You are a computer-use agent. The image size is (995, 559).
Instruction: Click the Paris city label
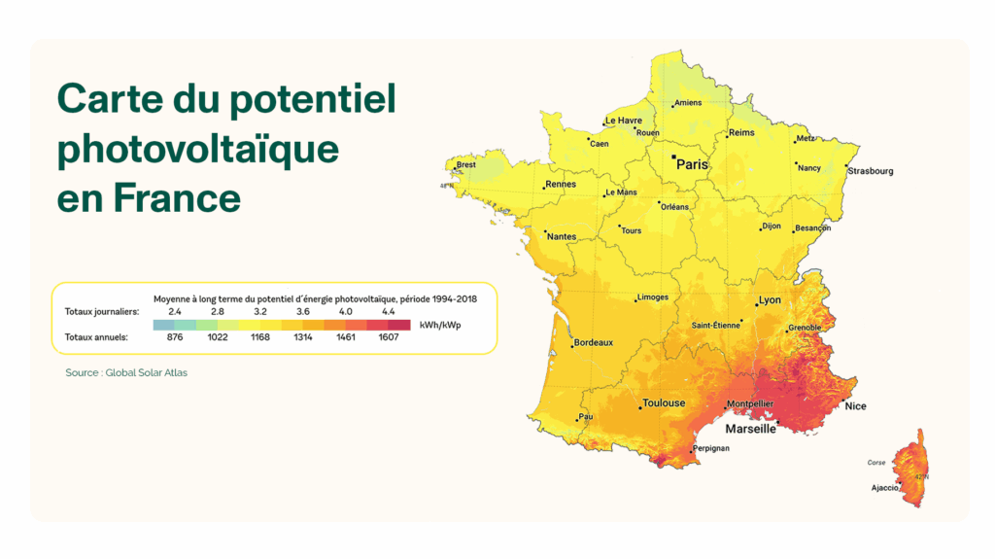pyautogui.click(x=693, y=164)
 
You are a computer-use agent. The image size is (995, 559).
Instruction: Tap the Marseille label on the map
pyautogui.click(x=751, y=428)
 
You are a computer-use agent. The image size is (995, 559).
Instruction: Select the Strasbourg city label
pyautogui.click(x=870, y=171)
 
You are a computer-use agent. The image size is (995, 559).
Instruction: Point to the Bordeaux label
pyautogui.click(x=594, y=342)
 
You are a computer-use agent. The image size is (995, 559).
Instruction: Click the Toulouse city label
pyautogui.click(x=664, y=402)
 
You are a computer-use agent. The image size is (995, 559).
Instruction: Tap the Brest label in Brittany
pyautogui.click(x=466, y=165)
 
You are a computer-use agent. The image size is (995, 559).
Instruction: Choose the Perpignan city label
pyautogui.click(x=710, y=448)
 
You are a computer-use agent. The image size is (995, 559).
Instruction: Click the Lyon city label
pyautogui.click(x=770, y=300)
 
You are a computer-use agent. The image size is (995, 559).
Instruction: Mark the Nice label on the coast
pyautogui.click(x=855, y=405)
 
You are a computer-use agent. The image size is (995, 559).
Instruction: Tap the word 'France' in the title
pyautogui.click(x=178, y=198)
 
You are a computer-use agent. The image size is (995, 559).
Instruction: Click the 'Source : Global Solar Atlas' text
pyautogui.click(x=126, y=372)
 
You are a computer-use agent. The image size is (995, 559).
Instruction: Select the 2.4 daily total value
pyautogui.click(x=175, y=311)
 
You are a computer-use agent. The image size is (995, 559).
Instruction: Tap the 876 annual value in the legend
pyautogui.click(x=175, y=337)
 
